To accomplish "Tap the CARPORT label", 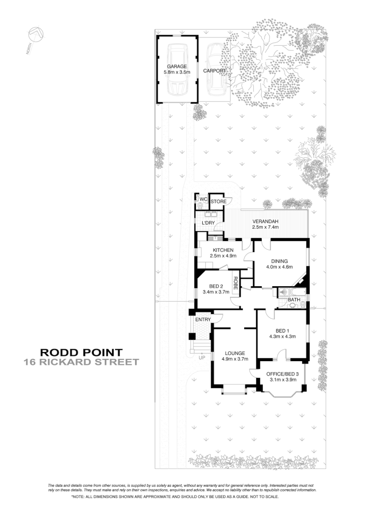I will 214,71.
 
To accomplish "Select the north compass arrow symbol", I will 36,34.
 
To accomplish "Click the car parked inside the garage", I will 176,71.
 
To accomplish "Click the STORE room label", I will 218,201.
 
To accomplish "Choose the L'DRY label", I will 208,223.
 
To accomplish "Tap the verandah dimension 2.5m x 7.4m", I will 266,227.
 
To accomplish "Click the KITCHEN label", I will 223,250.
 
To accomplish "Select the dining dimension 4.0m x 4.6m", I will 279,267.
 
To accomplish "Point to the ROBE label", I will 235,283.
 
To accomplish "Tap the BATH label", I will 294,300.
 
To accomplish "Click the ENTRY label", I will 202,319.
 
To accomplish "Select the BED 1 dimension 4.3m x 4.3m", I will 282,336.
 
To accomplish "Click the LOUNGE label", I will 235,353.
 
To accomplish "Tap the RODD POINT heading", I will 81,352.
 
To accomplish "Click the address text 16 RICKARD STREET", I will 81,362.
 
